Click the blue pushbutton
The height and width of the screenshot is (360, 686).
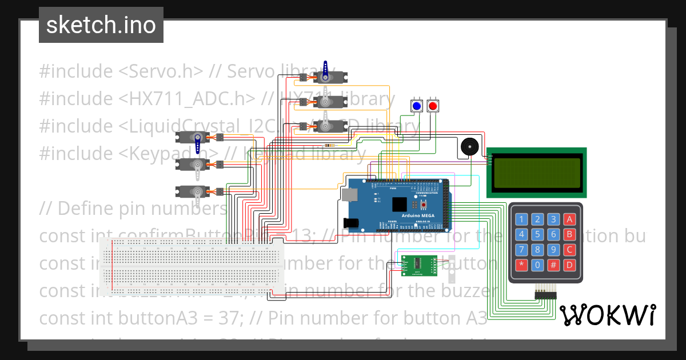coord(417,106)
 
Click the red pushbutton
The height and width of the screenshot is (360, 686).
coord(433,106)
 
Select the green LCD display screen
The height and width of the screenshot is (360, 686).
coord(536,173)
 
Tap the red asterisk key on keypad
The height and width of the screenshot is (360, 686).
coord(521,265)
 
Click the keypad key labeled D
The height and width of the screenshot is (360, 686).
coord(569,265)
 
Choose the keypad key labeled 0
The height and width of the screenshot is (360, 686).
coord(537,265)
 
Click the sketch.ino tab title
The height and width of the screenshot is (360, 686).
coord(101,25)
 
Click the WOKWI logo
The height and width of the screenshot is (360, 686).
coord(607,315)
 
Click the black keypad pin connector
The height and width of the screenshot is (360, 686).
coord(545,295)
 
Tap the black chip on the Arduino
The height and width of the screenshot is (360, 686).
coord(400,204)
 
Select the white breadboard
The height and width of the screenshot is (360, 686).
coord(192,263)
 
